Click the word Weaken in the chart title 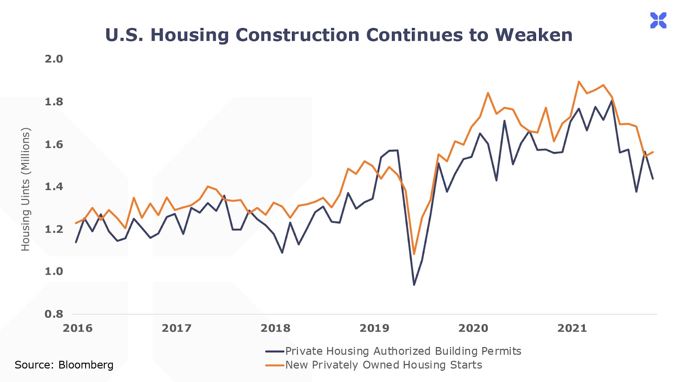[534, 35]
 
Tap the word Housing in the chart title [189, 35]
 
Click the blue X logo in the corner [658, 20]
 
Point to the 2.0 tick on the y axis [54, 59]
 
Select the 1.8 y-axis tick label [54, 102]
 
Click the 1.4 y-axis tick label [54, 186]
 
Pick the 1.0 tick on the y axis [54, 271]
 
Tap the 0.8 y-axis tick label [54, 314]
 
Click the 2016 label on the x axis [78, 328]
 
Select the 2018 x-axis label [275, 328]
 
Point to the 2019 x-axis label [374, 328]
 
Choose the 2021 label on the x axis [572, 328]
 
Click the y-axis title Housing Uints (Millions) [25, 189]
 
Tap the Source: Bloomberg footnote [64, 365]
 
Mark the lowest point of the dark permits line [414, 285]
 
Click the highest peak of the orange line [579, 81]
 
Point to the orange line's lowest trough [414, 254]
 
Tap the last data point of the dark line [653, 179]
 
